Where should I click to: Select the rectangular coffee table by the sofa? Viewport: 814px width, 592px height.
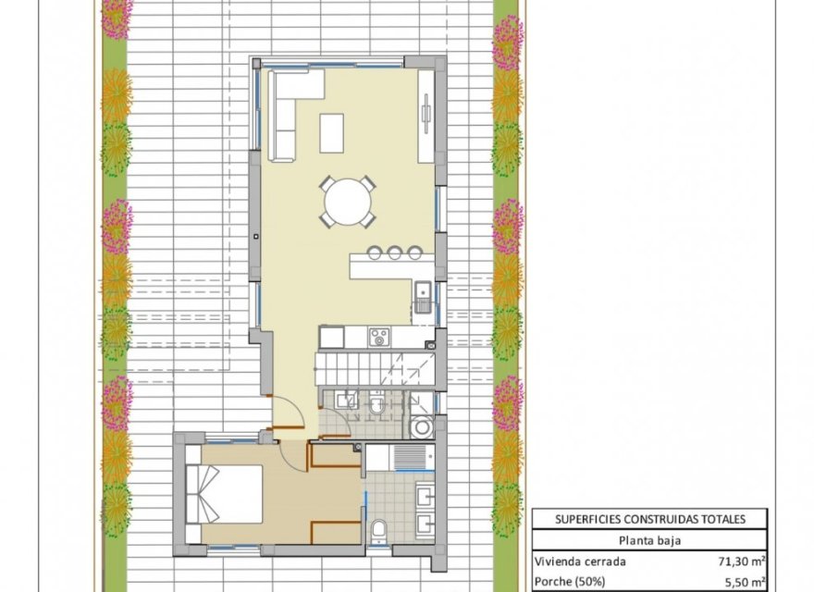pos(331,132)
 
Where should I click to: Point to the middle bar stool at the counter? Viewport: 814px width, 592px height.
pos(394,251)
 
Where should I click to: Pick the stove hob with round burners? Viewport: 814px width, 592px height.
pos(378,337)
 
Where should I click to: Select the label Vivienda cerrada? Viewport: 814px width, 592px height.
pos(581,561)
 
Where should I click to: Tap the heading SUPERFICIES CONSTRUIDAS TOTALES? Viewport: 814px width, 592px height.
pos(648,520)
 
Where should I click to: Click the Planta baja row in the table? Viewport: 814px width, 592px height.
pos(648,541)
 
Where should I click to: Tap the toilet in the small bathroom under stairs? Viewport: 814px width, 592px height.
pos(376,403)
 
